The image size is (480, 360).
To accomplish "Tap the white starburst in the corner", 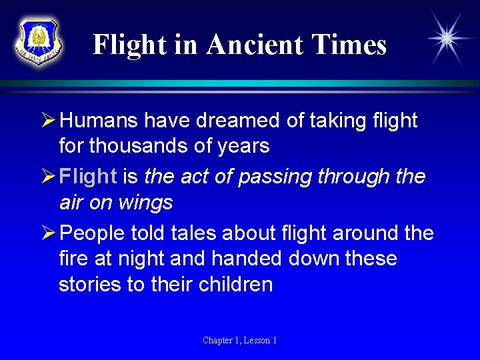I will point(446,38).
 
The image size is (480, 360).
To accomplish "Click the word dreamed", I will point(230,121).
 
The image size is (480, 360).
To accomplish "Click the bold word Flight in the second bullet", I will point(87,177).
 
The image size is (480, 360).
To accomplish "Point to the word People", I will point(95,233).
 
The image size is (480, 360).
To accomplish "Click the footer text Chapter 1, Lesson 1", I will point(240,341).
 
